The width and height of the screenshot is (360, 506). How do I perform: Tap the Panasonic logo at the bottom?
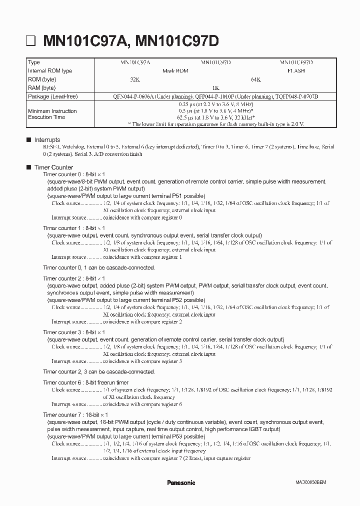180,482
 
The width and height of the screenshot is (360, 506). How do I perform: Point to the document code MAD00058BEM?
311,483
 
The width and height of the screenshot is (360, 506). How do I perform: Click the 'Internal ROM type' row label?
50,71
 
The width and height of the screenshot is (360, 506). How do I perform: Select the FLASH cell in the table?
296,71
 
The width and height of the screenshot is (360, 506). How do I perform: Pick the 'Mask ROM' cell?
175,71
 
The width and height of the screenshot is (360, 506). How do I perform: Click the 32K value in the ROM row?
135,79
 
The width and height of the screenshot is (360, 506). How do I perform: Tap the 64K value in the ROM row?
255,79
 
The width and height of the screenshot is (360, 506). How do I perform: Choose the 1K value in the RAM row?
215,88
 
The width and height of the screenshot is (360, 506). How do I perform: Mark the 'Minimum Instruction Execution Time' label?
52,114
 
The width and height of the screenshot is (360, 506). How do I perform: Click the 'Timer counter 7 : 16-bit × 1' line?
75,415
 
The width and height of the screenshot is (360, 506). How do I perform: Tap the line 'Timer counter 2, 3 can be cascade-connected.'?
99,371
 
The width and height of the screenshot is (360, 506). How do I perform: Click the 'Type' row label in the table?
34,62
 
